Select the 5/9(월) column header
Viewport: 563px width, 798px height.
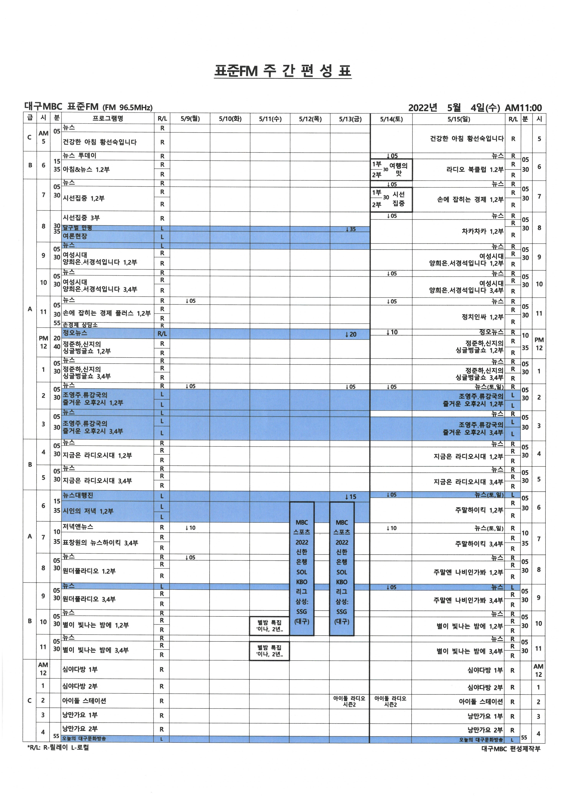(x=190, y=119)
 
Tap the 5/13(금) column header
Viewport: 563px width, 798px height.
(x=350, y=119)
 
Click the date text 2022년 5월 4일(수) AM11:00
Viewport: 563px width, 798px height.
(x=475, y=108)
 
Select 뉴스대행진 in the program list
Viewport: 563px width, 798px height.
(x=78, y=495)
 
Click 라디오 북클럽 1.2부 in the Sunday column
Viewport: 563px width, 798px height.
(x=475, y=170)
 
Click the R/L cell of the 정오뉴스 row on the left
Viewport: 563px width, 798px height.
(x=162, y=334)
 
